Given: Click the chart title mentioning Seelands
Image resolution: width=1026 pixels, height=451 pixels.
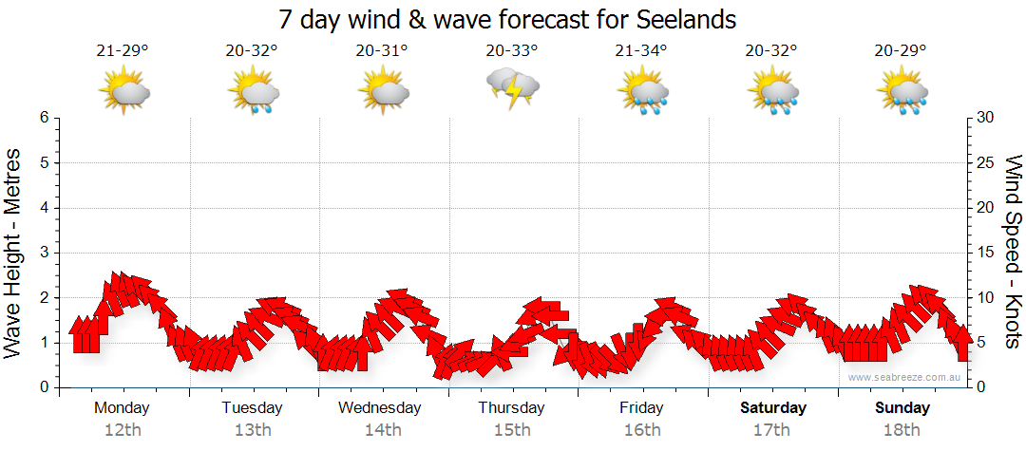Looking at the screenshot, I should click(508, 19).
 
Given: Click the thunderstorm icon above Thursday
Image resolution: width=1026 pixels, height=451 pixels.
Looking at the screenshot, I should click(513, 88).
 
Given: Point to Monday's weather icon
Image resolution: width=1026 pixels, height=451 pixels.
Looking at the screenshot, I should click(124, 90).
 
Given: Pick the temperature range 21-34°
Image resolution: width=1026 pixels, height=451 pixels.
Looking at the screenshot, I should click(641, 51).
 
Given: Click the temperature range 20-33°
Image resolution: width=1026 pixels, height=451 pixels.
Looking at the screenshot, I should click(512, 51).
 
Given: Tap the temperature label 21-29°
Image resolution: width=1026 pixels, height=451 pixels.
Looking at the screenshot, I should click(122, 51).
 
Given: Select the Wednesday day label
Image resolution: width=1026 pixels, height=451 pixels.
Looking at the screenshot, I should click(380, 408).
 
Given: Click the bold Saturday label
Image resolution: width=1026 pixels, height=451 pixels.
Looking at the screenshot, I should click(773, 408).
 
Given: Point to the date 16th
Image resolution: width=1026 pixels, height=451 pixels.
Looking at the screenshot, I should click(642, 430).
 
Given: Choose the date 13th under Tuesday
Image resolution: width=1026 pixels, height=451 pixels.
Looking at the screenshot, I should click(252, 430).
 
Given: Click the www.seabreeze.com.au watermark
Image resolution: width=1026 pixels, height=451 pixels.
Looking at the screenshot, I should click(905, 377).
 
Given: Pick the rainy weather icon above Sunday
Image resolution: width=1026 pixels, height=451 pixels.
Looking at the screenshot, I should click(902, 92).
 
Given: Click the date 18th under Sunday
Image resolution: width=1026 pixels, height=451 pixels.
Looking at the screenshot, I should click(902, 430).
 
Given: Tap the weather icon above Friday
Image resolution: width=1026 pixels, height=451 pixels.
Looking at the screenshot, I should click(642, 92).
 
